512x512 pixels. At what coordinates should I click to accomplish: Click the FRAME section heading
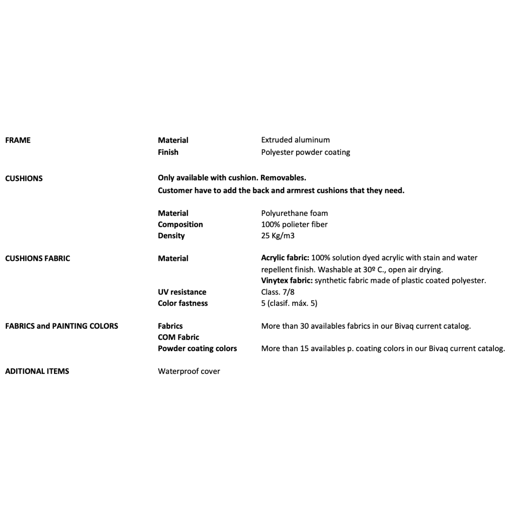tap(18, 140)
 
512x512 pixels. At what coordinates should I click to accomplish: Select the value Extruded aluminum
tap(295, 140)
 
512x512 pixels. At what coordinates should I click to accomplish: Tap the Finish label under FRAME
tap(168, 152)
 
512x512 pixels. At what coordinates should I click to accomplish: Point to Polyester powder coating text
tap(306, 152)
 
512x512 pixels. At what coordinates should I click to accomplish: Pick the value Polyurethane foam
tap(294, 213)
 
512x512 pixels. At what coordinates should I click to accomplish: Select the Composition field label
tap(180, 225)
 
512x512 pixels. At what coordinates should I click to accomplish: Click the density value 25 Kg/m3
tap(278, 236)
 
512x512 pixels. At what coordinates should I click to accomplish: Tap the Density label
tap(171, 236)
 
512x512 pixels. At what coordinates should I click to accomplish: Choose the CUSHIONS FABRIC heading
tap(37, 259)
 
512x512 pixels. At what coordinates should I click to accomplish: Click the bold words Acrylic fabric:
tap(285, 258)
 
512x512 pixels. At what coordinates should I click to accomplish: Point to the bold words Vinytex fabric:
tap(287, 281)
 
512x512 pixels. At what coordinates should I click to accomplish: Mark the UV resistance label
tap(182, 292)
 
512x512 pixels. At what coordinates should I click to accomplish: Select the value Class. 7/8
tap(278, 292)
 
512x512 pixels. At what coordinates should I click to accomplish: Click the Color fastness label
tap(183, 303)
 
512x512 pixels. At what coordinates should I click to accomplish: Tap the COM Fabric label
tap(179, 337)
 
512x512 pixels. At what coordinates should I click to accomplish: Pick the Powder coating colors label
tap(197, 348)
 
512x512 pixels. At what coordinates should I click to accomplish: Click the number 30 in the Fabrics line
tap(304, 326)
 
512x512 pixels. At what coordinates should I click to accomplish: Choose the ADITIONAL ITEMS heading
tap(37, 371)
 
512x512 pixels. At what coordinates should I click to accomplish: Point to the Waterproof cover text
tap(189, 371)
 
